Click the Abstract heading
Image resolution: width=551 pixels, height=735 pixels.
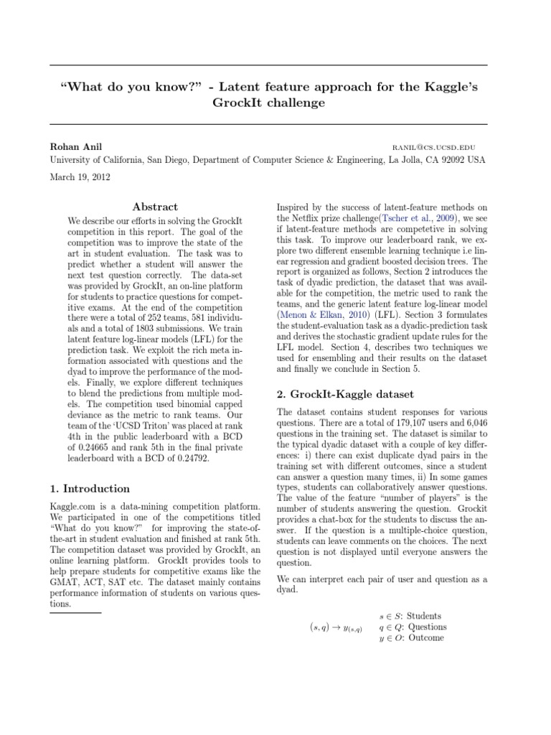coord(156,207)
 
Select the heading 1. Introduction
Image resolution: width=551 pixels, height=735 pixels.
coord(90,489)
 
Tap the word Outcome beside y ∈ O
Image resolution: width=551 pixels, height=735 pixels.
coord(426,637)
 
